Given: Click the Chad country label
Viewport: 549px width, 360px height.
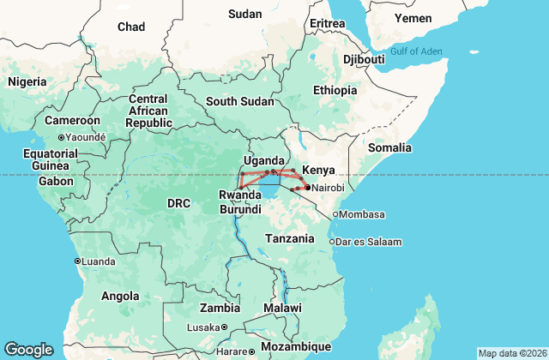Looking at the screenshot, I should (x=131, y=27).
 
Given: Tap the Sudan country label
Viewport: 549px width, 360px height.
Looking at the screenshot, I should (x=244, y=14).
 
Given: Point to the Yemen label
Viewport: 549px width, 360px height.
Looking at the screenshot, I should (x=413, y=18).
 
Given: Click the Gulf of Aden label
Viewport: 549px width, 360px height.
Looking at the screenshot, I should (x=416, y=51).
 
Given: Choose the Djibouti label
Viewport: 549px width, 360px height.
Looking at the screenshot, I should (x=364, y=59).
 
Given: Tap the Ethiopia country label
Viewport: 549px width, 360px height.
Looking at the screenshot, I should (x=335, y=90).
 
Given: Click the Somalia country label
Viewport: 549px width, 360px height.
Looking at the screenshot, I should (x=390, y=147).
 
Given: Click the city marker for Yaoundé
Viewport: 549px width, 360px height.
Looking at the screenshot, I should (x=61, y=137).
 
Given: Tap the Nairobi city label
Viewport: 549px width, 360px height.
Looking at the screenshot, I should (x=329, y=188).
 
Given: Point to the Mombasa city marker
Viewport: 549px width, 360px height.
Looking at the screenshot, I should (x=336, y=214).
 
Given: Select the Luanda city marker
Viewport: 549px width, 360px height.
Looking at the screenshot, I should (x=78, y=261).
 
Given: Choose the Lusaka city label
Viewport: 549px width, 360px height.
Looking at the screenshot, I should (x=203, y=327).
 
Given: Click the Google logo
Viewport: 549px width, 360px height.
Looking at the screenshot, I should (x=28, y=350).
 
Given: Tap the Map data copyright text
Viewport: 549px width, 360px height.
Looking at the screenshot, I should (x=511, y=353).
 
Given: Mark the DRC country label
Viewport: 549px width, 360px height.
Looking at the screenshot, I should (x=178, y=203).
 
